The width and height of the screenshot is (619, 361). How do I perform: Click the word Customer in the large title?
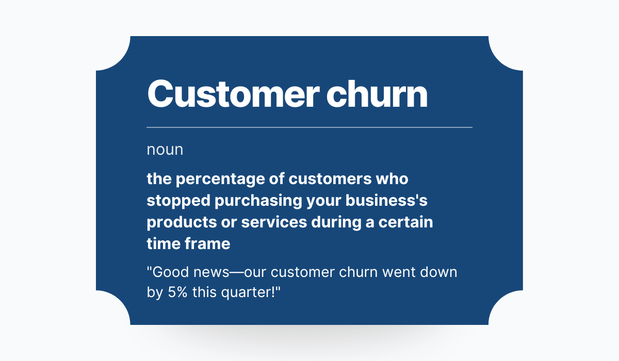234,94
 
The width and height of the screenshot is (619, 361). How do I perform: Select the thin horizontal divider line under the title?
309,127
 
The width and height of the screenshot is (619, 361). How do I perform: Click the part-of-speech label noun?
165,150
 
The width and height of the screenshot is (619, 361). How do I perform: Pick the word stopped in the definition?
178,201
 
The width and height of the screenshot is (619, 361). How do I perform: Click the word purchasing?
258,201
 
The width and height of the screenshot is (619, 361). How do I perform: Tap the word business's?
386,200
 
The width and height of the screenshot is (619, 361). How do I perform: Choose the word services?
274,222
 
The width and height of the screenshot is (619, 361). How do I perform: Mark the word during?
336,222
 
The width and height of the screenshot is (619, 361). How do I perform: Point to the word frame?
207,244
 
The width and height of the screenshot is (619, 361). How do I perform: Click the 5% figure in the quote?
177,292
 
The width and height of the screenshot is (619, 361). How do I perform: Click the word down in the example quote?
438,272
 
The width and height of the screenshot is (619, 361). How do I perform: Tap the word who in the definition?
392,179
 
